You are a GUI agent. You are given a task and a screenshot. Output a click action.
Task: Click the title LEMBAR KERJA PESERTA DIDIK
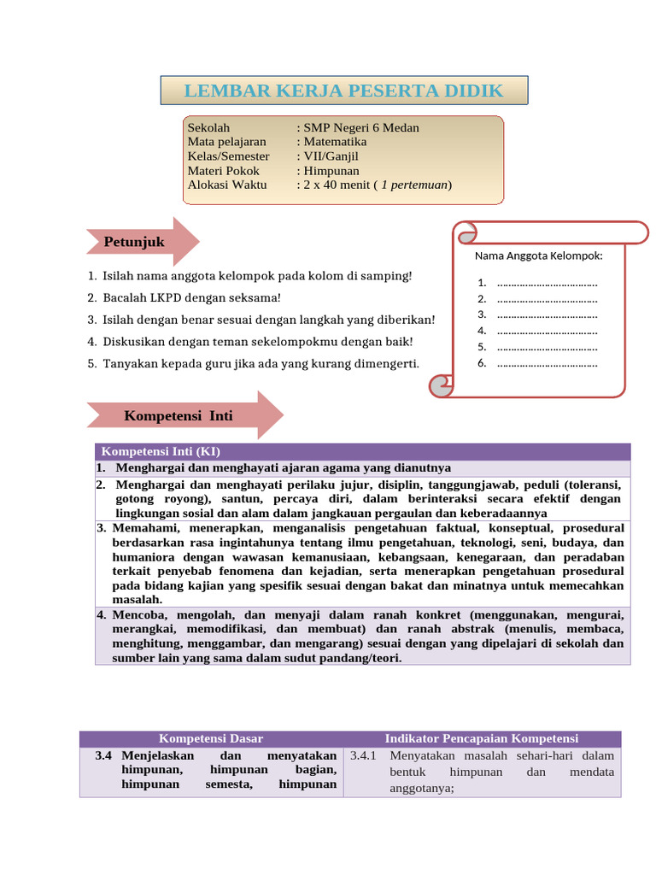coord(344,91)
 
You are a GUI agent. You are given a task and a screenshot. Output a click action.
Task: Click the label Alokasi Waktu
coord(227,185)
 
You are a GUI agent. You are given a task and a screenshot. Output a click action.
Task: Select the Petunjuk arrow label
coord(134,243)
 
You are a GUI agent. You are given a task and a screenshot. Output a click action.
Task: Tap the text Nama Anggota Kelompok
coord(538,255)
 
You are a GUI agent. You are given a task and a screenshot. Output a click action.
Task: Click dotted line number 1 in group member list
coord(547,283)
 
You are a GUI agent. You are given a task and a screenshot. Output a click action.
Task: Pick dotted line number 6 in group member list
coord(547,363)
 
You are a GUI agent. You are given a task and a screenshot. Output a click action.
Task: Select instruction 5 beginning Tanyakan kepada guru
coord(261,364)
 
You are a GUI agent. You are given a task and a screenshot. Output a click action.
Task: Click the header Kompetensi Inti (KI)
coord(161,451)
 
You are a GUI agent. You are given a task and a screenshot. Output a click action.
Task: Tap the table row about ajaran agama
coord(283,468)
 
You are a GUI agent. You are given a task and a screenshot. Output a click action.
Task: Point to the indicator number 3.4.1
coord(363,756)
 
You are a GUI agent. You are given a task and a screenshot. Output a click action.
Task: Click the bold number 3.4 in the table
coord(104,756)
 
